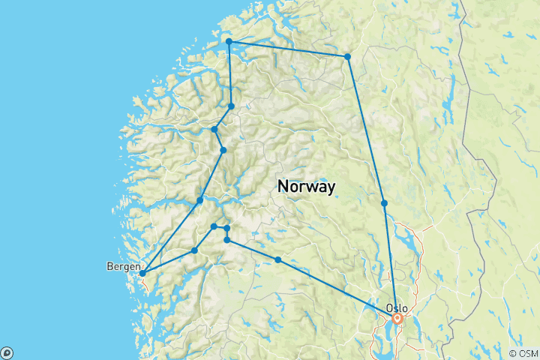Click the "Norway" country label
pyautogui.click(x=306, y=186)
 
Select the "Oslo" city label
pyautogui.click(x=397, y=307)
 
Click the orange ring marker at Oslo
pyautogui.click(x=397, y=319)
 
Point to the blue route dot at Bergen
pyautogui.click(x=142, y=273)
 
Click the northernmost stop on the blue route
pyautogui.click(x=229, y=42)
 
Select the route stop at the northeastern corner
pyautogui.click(x=348, y=57)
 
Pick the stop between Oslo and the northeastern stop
pyautogui.click(x=384, y=203)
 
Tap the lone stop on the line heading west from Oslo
pyautogui.click(x=278, y=259)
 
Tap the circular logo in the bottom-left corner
pyautogui.click(x=7, y=353)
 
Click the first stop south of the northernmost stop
pyautogui.click(x=232, y=106)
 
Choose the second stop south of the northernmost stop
pyautogui.click(x=214, y=130)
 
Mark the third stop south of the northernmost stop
pyautogui.click(x=223, y=151)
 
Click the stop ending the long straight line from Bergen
pyautogui.click(x=200, y=200)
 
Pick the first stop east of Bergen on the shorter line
pyautogui.click(x=194, y=250)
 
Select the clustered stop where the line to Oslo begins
pyautogui.click(x=226, y=240)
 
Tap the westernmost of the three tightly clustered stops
pyautogui.click(x=214, y=226)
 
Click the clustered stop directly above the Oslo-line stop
pyautogui.click(x=226, y=228)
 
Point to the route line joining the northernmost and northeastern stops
pyautogui.click(x=289, y=49)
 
